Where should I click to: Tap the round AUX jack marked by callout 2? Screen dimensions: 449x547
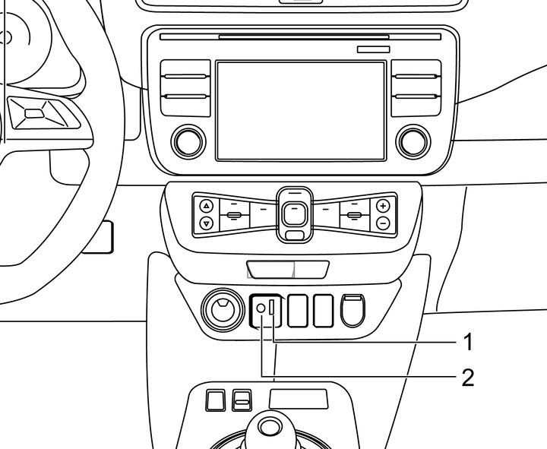261,308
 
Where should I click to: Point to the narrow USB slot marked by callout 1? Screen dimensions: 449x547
272,308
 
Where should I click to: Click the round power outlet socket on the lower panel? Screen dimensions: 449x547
222,310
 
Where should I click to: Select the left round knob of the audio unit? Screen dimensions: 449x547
188,141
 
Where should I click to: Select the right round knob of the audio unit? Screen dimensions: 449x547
411,141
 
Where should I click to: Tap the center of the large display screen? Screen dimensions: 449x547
301,111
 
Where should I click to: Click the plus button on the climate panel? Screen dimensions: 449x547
383,206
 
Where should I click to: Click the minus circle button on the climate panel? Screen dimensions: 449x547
383,223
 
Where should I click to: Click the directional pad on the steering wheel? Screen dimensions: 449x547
35,114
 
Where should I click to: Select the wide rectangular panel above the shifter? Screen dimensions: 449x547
299,399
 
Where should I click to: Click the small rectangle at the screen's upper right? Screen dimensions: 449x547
374,49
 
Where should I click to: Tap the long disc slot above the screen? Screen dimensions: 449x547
304,36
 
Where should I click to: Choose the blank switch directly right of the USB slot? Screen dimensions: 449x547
299,310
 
